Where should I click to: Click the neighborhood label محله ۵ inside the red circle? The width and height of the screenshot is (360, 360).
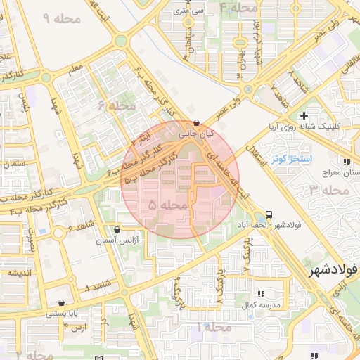pyautogui.click(x=169, y=205)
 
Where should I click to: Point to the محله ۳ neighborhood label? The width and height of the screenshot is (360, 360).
pyautogui.click(x=328, y=190)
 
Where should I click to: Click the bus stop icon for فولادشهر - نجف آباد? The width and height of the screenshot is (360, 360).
pyautogui.click(x=269, y=214)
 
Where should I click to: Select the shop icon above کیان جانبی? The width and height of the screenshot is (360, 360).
pyautogui.click(x=196, y=122)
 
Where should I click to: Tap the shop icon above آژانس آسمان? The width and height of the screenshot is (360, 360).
pyautogui.click(x=116, y=229)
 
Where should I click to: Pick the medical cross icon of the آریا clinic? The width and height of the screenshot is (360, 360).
pyautogui.click(x=304, y=115)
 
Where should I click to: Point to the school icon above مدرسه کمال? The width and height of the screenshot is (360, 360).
pyautogui.click(x=261, y=294)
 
